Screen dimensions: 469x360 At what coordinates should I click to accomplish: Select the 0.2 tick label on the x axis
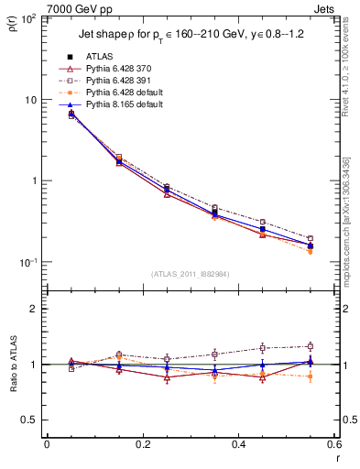(142, 445)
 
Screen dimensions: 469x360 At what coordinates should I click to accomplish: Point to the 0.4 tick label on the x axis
(238, 445)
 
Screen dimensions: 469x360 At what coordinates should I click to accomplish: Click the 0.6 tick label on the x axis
(333, 445)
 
